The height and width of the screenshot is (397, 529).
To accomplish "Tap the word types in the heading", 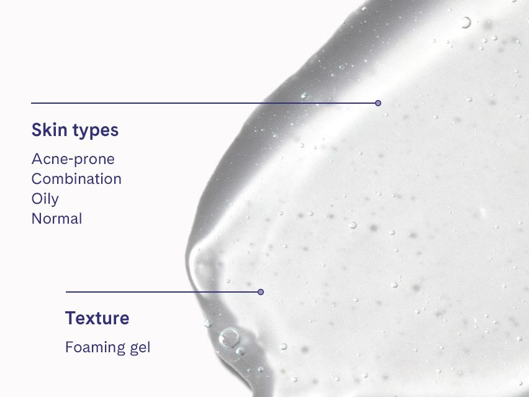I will click(x=95, y=132).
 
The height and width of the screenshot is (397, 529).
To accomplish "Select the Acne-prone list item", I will click(x=73, y=159).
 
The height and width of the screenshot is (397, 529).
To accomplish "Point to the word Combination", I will click(x=76, y=179).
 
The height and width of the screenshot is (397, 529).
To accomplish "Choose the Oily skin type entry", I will click(x=45, y=199).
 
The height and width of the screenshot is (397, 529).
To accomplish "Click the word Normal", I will click(x=57, y=219).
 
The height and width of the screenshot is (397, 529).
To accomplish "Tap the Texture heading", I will click(x=97, y=318).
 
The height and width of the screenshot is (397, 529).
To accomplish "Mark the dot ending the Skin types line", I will click(x=378, y=103).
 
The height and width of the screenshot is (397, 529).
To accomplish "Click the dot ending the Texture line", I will click(x=261, y=291).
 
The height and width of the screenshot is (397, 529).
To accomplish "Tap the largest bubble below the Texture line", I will click(x=229, y=338).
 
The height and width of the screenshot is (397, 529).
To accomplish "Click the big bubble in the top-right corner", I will click(x=465, y=22).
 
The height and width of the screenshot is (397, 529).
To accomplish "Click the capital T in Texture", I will click(x=70, y=318).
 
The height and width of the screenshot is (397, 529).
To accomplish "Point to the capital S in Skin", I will click(x=37, y=130).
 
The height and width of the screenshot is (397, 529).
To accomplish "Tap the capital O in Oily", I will click(x=37, y=199).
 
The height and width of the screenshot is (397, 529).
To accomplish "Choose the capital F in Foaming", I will click(x=69, y=347).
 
